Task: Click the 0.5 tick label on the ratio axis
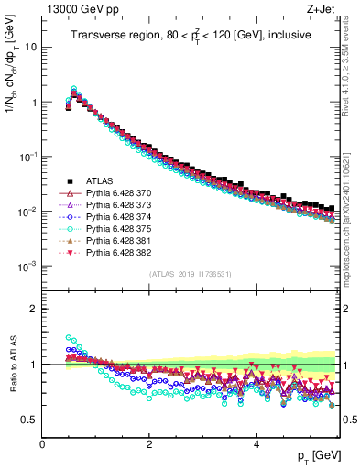(28, 420)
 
